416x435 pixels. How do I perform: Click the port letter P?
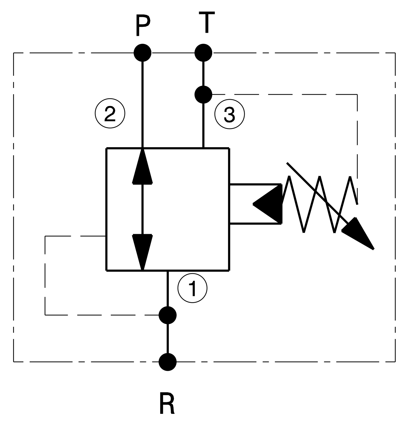143,25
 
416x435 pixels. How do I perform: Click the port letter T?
207,22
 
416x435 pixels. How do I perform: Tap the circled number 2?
110,114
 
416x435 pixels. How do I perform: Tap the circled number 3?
229,114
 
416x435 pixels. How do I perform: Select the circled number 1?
192,288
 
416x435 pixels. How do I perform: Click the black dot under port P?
143,53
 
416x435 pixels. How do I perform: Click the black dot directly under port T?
203,53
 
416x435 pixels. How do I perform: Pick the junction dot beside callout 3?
203,94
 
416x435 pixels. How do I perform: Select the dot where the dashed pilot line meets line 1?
168,315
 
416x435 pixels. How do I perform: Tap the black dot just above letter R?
168,362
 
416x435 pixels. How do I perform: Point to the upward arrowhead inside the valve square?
143,166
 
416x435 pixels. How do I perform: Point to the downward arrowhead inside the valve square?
143,252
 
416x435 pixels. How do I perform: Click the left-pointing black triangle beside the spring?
267,204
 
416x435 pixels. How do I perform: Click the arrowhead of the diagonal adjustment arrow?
358,233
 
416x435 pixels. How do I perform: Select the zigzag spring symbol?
320,204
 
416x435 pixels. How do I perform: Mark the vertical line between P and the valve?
143,104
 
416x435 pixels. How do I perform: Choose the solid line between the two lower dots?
168,338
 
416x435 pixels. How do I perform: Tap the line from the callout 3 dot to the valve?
203,126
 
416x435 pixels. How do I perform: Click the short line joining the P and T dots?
173,53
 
